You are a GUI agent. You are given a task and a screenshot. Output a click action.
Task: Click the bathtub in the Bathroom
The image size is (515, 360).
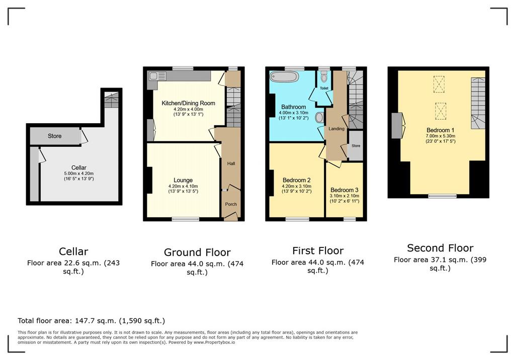tap(285, 77)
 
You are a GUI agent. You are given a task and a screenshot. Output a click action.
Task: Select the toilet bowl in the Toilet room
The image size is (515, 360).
tap(324, 77)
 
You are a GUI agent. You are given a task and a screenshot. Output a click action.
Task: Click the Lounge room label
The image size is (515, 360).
tap(183, 180)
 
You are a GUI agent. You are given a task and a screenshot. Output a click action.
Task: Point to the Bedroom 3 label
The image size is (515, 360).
tap(344, 190)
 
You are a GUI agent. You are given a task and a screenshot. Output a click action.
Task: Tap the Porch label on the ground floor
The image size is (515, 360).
tap(231, 204)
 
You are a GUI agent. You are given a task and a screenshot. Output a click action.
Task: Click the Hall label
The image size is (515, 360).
tap(231, 163)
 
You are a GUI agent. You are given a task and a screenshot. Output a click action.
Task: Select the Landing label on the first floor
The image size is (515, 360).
tap(336, 128)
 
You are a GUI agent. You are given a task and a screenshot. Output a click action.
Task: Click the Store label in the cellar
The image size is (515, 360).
tap(54, 136)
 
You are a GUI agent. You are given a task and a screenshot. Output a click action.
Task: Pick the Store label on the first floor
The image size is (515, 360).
tap(356, 145)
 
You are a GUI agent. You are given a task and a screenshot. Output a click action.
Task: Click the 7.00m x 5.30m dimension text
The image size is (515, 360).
tap(440, 136)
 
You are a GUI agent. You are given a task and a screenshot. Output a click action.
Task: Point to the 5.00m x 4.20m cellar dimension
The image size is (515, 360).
tap(79, 173)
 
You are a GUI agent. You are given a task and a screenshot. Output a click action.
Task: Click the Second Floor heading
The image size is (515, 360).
tap(440, 248)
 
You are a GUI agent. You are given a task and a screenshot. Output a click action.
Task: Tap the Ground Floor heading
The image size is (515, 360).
tap(197, 252)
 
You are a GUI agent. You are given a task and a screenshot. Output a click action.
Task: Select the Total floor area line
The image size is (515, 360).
tap(92, 321)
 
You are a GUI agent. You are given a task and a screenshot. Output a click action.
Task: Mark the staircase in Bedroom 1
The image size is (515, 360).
tap(478, 103)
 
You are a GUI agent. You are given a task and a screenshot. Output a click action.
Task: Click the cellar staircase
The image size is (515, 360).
tap(111, 100)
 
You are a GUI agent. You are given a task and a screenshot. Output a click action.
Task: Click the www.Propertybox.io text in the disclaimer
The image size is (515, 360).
tap(214, 342)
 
